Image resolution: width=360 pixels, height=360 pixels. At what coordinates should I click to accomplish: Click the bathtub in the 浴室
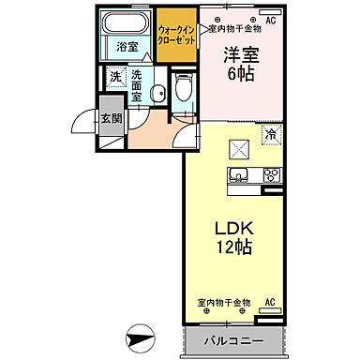[123, 22]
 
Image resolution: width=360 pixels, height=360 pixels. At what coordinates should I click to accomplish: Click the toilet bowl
[184, 90]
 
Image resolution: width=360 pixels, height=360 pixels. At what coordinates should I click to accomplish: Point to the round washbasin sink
[159, 92]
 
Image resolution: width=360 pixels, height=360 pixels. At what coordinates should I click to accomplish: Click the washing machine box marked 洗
[115, 78]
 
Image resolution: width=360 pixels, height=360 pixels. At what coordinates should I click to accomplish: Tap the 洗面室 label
[137, 85]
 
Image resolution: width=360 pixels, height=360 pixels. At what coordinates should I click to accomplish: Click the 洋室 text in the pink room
[240, 56]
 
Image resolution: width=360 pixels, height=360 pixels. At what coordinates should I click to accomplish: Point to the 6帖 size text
[240, 78]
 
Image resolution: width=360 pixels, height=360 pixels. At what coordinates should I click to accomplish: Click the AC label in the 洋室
[271, 19]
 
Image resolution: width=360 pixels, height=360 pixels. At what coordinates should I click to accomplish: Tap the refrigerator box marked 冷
[268, 135]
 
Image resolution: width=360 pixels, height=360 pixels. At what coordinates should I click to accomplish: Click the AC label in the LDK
[269, 302]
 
